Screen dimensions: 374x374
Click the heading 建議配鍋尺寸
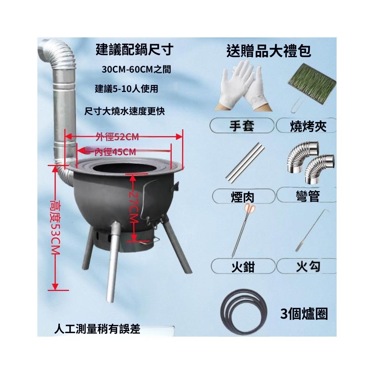pos(134,50)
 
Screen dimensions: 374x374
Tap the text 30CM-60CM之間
pos(137,70)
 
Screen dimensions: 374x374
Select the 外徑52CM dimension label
pos(117,137)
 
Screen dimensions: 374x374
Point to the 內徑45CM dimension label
pos(115,152)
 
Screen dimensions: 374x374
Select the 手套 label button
pos(242,126)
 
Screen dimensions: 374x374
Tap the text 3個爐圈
pos(304,314)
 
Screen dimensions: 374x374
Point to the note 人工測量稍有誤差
pos(97,329)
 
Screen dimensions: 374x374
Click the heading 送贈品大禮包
pos(269,51)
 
